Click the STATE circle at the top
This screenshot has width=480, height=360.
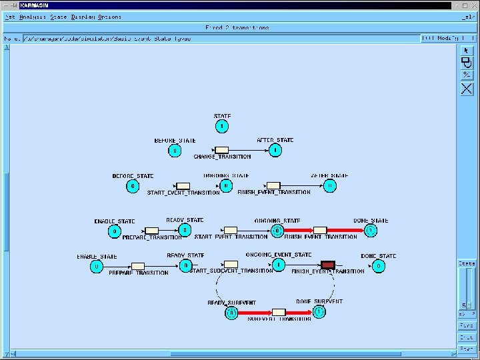click(x=222, y=126)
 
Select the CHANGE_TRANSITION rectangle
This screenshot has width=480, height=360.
click(x=222, y=150)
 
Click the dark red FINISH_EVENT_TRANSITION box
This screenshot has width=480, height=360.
click(x=327, y=265)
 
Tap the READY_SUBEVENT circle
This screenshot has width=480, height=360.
click(x=231, y=311)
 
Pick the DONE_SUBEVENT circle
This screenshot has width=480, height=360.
click(x=320, y=311)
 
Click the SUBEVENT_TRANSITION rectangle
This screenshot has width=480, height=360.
click(x=279, y=312)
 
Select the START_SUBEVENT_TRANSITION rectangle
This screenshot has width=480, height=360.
click(x=231, y=265)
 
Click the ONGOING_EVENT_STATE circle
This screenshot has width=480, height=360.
click(x=279, y=265)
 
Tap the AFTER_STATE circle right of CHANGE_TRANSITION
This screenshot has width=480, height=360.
click(x=275, y=150)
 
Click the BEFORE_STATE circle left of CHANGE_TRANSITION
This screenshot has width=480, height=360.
click(x=174, y=151)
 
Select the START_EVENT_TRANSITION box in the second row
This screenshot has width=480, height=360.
click(x=183, y=186)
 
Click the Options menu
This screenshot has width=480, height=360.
click(x=110, y=17)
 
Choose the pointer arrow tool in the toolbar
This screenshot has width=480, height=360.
click(x=467, y=50)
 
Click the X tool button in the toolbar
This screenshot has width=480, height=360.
click(x=467, y=88)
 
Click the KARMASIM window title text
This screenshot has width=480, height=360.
click(x=35, y=5)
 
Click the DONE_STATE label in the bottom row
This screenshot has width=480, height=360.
click(x=379, y=256)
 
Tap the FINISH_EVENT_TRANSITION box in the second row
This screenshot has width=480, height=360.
click(x=273, y=186)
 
